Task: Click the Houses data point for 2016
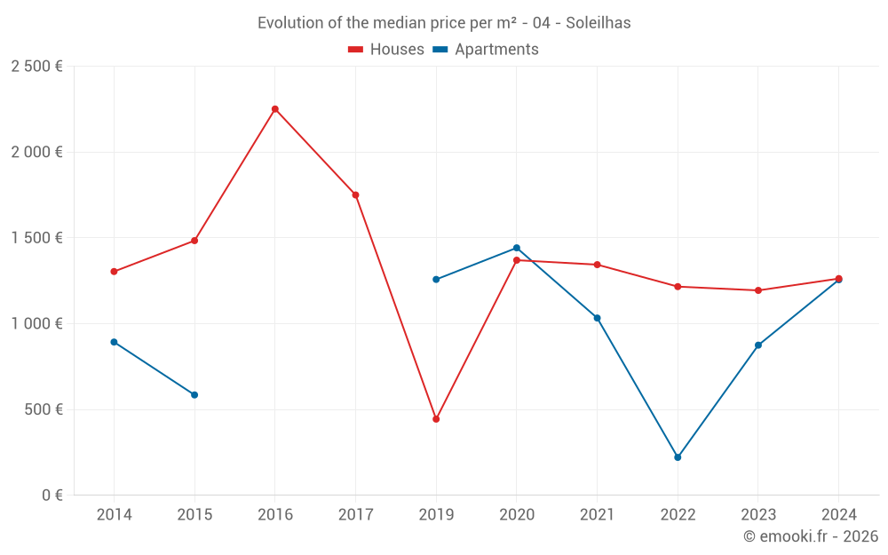coord(275,109)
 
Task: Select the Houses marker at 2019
coord(436,419)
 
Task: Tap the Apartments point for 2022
coord(678,457)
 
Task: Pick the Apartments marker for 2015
coord(194,395)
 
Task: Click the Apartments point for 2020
coord(517,248)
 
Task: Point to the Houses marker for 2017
coord(355,194)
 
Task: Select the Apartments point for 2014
coord(114,342)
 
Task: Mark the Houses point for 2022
coord(678,287)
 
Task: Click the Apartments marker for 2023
coord(758,345)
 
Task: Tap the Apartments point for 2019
coord(436,280)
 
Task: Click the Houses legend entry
coord(386,50)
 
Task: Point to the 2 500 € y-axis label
coord(36,67)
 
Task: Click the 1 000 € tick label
coord(36,324)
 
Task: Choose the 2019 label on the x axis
coord(436,515)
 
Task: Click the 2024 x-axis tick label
coord(838,515)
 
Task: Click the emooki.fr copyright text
coord(811,536)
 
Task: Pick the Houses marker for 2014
coord(114,272)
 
